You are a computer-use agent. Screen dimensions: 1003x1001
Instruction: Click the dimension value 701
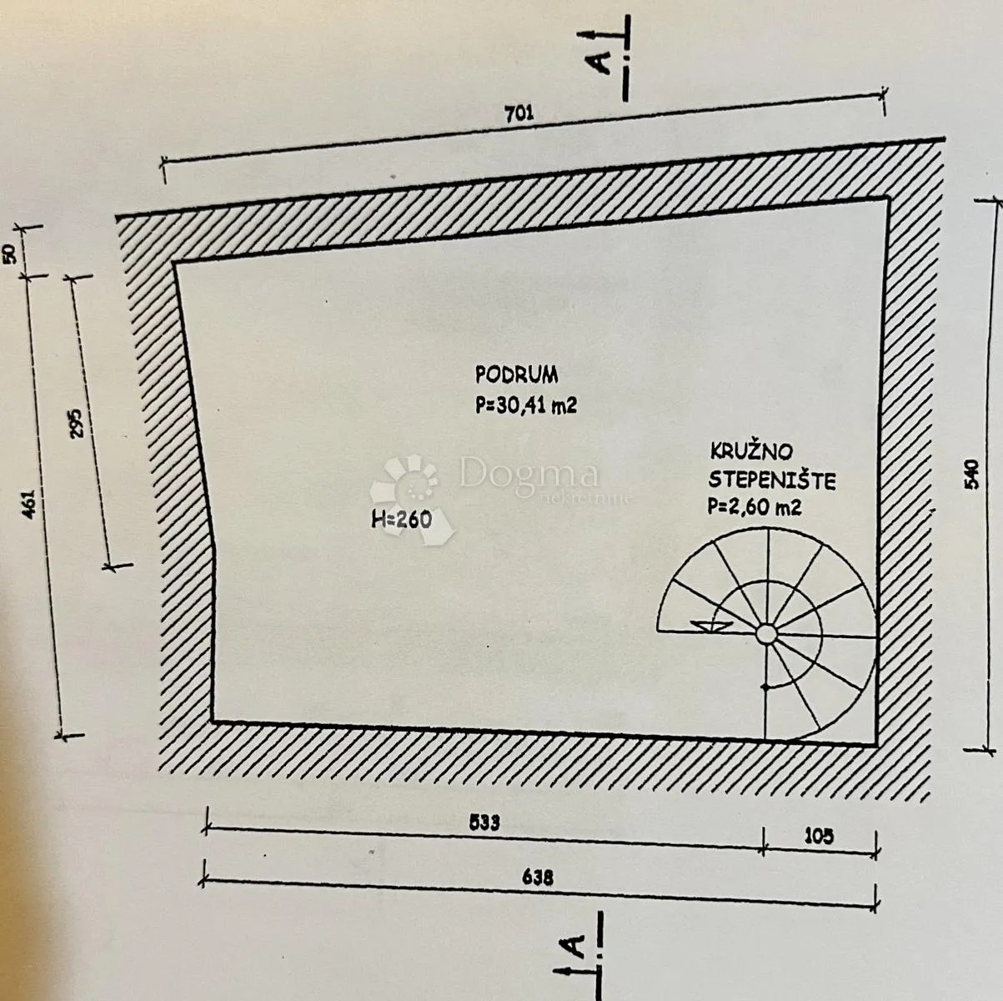(519, 113)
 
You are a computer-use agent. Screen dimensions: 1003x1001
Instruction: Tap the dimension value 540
(971, 475)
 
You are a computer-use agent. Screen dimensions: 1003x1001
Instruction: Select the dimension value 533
(484, 822)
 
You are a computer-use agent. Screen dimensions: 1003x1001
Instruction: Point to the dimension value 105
(819, 836)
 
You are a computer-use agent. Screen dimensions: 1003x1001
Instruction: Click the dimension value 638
(538, 878)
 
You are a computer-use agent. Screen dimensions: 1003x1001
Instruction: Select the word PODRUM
(516, 375)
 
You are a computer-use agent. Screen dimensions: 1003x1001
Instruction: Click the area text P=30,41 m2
(526, 405)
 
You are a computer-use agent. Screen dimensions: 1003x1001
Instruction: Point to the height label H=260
(401, 519)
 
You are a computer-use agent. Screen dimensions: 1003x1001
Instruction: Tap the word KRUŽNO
(751, 451)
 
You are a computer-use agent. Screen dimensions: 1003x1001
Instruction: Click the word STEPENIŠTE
(772, 480)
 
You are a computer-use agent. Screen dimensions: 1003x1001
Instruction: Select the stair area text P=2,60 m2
(755, 507)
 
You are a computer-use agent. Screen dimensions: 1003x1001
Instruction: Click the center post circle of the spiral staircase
(765, 634)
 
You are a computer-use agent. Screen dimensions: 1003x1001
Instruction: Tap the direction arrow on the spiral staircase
(710, 626)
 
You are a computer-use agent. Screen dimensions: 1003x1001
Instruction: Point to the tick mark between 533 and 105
(763, 841)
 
